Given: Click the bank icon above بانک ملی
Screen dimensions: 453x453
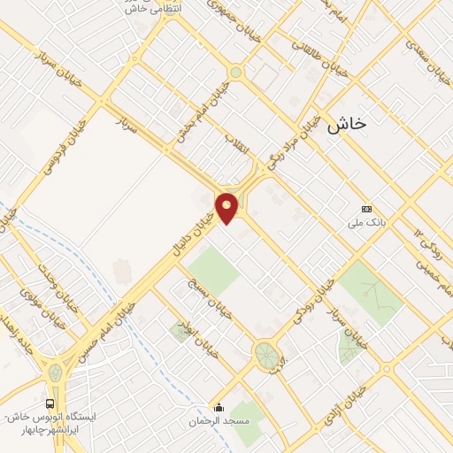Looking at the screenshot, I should click(366, 209).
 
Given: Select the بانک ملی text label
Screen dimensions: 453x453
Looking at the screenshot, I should click(365, 224).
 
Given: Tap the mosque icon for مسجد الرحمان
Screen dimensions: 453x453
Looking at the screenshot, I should click(219, 408).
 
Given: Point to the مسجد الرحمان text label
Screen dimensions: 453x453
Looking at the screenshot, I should click(219, 422).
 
